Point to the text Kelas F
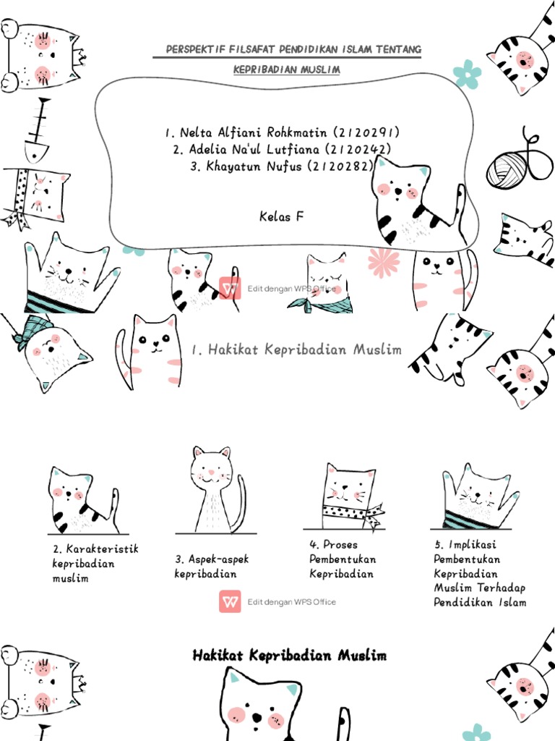click(x=281, y=216)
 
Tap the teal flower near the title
click(x=467, y=74)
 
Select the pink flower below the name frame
click(x=383, y=261)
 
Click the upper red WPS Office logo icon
click(x=230, y=287)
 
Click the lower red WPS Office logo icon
click(x=230, y=601)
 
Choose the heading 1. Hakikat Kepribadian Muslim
click(x=296, y=350)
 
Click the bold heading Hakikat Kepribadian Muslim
click(x=289, y=656)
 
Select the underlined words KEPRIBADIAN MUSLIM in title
click(x=286, y=69)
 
